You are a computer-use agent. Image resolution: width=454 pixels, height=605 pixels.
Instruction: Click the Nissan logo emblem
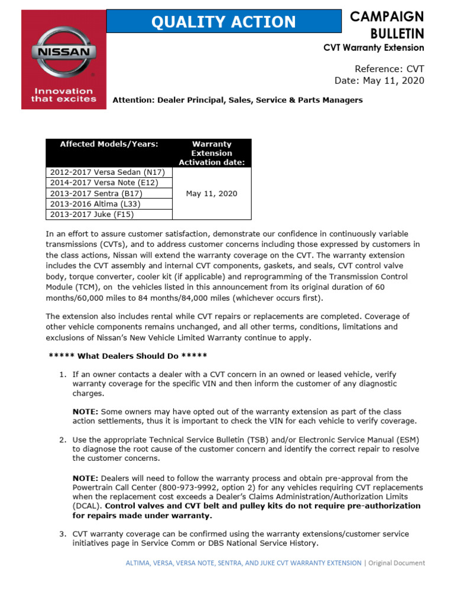coord(64,52)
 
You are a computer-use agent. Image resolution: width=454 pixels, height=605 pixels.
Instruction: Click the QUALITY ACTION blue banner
coord(223,22)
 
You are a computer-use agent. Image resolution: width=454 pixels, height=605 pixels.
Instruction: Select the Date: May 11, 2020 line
coord(379,80)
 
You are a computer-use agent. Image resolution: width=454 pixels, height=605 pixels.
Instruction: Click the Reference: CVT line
coord(389,68)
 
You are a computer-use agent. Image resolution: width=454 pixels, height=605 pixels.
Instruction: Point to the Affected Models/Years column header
coord(109,144)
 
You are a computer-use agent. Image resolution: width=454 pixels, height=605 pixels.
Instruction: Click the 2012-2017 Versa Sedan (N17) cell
coord(109,172)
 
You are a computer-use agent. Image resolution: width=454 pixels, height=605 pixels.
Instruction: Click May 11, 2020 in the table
coord(212,194)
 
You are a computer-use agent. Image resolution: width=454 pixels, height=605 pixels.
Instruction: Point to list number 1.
coord(62,375)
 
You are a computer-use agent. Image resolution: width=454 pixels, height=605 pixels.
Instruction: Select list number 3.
coord(62,534)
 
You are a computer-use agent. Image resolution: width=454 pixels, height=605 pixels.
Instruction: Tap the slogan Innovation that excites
coord(64,95)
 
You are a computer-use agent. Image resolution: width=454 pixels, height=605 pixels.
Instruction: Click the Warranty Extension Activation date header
coord(212,153)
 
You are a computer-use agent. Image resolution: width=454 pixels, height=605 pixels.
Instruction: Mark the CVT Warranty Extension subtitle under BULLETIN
coord(374,47)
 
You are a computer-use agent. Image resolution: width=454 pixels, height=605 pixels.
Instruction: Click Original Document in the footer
coord(397,563)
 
